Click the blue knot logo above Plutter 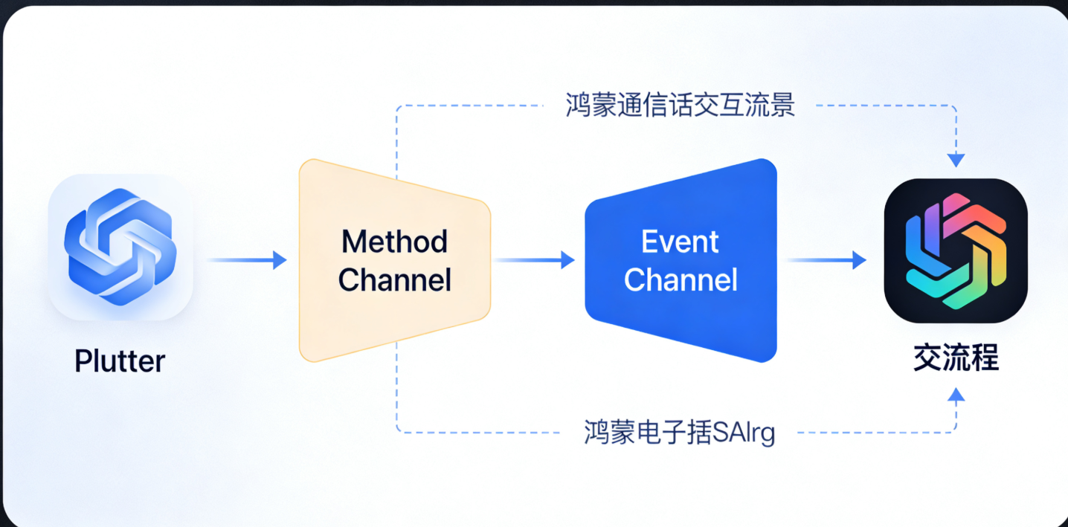pos(120,246)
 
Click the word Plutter pos(120,361)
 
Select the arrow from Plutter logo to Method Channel pos(247,259)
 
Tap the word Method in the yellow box pos(394,242)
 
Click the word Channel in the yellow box pos(394,280)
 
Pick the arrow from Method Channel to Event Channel pos(534,259)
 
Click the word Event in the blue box pos(680,242)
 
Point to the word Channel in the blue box pos(681,280)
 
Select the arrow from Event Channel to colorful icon pos(826,259)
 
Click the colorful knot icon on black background pos(956,250)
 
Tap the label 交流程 pos(956,359)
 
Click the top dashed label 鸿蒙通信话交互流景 pos(680,106)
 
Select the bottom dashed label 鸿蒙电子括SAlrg pos(680,432)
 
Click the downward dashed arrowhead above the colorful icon pos(956,160)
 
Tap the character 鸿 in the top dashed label pos(578,106)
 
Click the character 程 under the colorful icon pos(985,359)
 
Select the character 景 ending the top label pos(782,106)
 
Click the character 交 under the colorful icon pos(927,359)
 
